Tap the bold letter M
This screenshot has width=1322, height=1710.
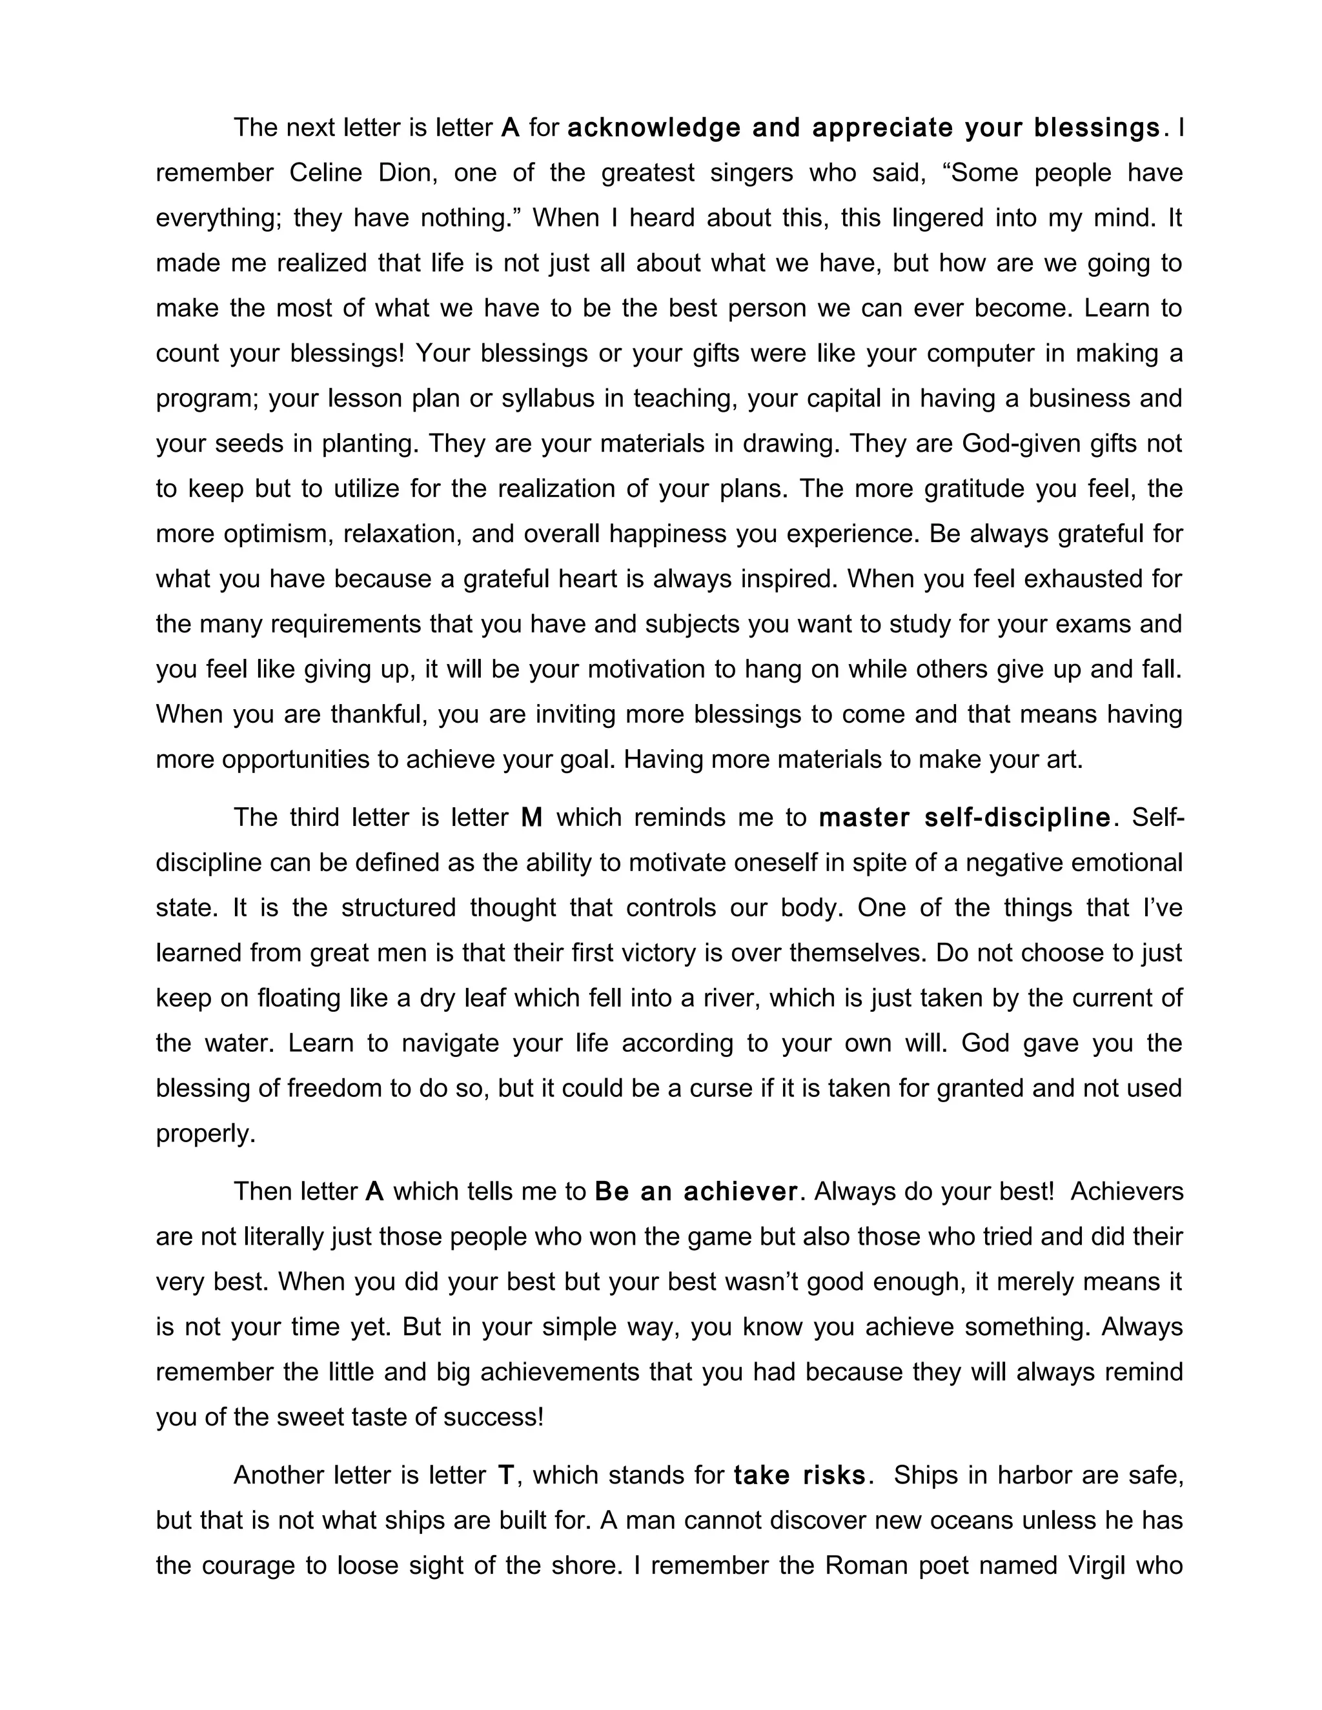tap(532, 818)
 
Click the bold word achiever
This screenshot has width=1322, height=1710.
tap(740, 1192)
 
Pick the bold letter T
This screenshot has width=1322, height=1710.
tap(506, 1476)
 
